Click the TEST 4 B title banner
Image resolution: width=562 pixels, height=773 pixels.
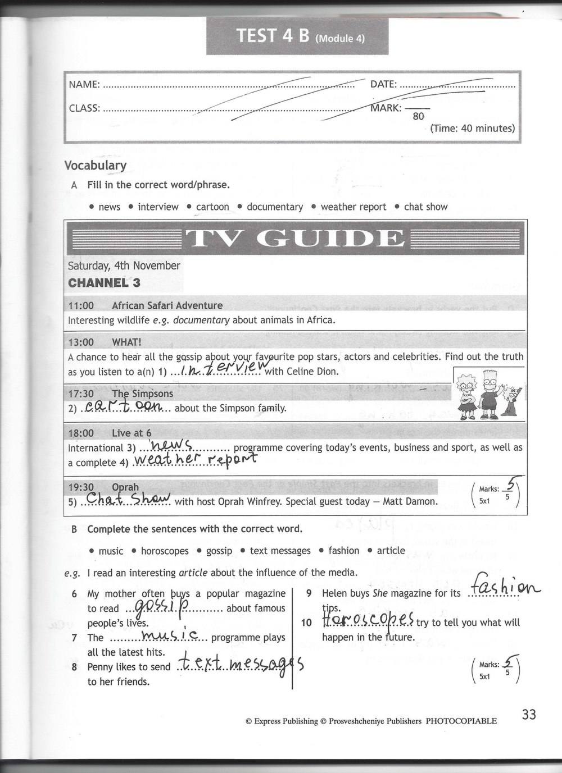point(297,36)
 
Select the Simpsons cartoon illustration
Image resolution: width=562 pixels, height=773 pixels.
point(488,396)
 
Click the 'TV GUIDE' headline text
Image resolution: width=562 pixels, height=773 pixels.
point(296,239)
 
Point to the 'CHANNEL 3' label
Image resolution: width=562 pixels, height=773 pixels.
point(104,282)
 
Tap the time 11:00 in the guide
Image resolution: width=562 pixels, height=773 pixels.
point(81,305)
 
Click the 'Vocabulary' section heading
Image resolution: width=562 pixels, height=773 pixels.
point(96,165)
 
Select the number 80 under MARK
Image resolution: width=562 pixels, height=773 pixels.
point(418,117)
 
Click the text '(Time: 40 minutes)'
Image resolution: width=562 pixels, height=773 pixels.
point(472,129)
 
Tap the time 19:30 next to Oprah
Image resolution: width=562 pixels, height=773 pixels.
point(81,487)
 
